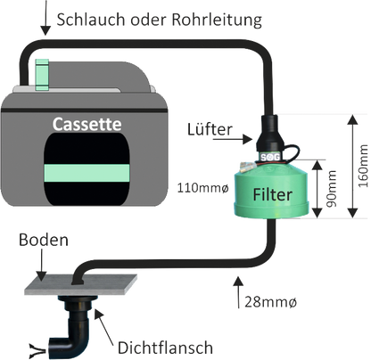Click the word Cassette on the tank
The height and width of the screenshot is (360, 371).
click(87, 124)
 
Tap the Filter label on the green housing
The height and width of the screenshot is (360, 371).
click(273, 194)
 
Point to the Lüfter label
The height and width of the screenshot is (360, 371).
click(210, 129)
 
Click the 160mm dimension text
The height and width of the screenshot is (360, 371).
click(363, 166)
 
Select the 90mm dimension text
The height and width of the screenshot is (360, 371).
click(331, 189)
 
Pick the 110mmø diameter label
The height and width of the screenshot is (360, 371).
click(203, 188)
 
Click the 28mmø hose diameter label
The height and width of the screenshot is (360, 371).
click(270, 302)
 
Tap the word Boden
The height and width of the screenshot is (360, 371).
click(44, 240)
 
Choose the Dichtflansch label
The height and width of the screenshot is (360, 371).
click(165, 348)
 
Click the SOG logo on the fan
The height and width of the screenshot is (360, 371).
click(270, 157)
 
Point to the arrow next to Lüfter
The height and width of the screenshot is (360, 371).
click(233, 139)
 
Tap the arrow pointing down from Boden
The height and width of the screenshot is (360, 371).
click(42, 265)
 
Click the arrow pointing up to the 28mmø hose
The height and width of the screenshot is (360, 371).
click(238, 292)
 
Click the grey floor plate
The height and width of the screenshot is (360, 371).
click(80, 284)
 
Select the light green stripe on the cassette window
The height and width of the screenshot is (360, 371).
click(87, 173)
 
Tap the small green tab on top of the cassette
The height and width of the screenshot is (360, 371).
click(42, 75)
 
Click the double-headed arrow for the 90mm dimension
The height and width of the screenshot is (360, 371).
click(317, 189)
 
